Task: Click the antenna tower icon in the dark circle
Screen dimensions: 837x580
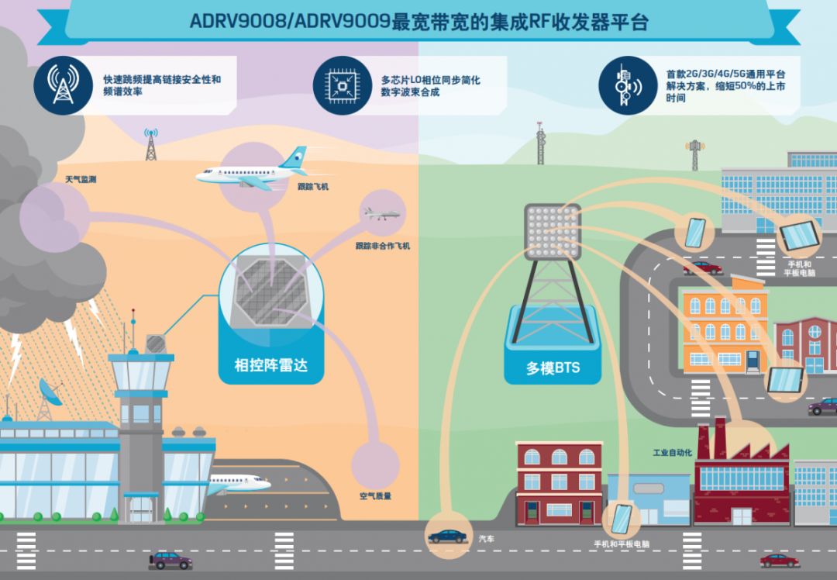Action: point(64,85)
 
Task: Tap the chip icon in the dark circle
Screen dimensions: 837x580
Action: point(343,85)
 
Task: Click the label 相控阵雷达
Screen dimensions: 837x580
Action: point(271,365)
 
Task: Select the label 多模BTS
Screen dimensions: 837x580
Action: point(553,368)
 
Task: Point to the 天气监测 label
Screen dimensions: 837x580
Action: point(81,179)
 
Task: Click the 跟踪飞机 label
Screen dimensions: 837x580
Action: point(313,186)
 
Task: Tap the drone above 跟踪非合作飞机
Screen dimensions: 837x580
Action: point(382,214)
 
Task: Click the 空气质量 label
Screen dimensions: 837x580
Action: point(375,496)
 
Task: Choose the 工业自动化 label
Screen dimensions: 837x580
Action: point(672,453)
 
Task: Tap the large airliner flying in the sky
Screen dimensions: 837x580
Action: point(251,170)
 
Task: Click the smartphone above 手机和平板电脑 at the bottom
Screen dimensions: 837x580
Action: point(621,518)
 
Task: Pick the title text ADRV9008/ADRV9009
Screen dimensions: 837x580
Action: point(290,22)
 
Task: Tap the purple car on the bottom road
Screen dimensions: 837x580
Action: point(170,561)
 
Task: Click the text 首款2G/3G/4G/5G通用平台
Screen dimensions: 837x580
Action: point(725,74)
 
